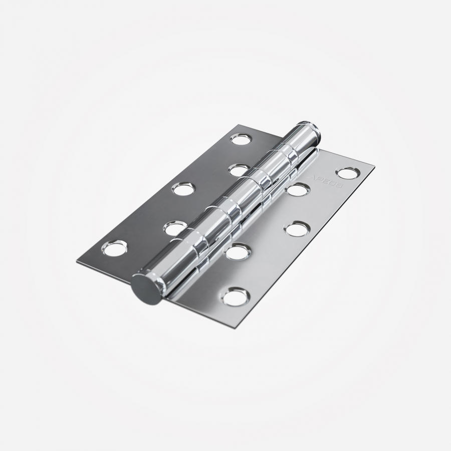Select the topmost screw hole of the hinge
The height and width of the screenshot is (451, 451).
(x=241, y=139)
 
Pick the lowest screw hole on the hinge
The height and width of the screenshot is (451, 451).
(x=235, y=297)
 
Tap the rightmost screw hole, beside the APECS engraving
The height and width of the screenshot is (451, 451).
(x=347, y=173)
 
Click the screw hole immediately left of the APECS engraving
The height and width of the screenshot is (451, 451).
(x=299, y=189)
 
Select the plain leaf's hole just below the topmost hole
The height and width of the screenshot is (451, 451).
(x=239, y=169)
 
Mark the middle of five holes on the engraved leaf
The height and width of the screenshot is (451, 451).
(x=297, y=229)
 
